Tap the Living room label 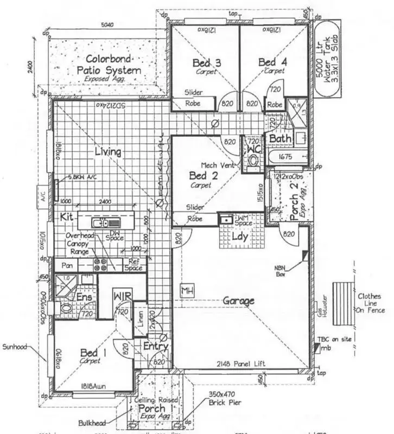click(107, 151)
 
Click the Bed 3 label click(206, 63)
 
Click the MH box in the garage click(188, 289)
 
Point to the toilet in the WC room click(253, 160)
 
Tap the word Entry click(156, 347)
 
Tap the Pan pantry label click(67, 266)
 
